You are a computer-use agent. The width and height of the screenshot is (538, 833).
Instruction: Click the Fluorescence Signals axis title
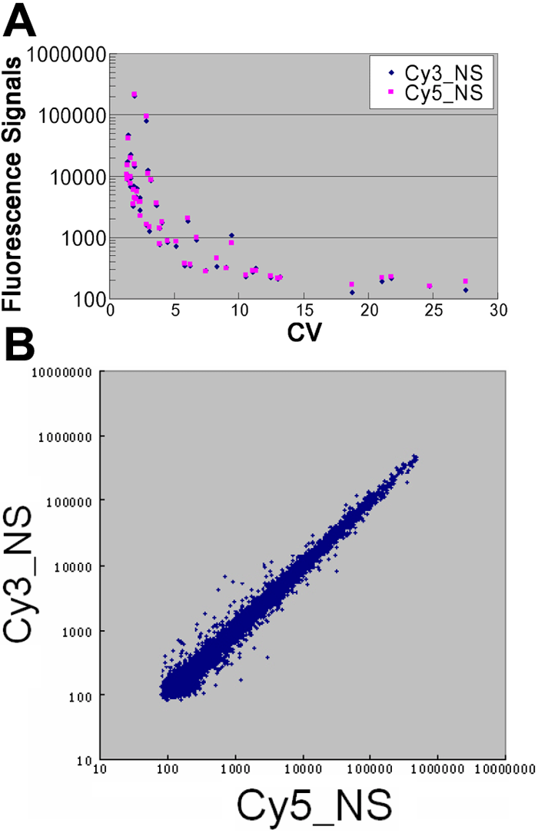(13, 178)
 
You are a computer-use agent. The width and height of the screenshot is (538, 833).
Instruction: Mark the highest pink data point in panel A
(134, 95)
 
